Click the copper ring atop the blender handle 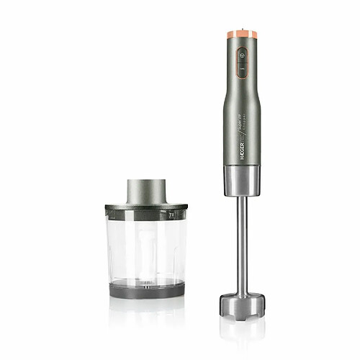[242, 34]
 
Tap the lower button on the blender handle [242, 70]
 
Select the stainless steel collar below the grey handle [242, 181]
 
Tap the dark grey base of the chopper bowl [146, 289]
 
